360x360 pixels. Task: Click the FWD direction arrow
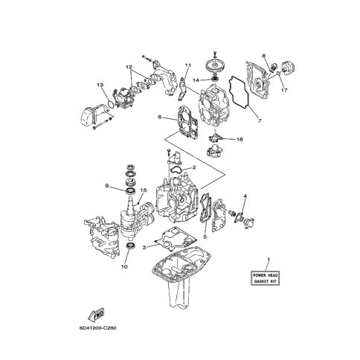click(96, 315)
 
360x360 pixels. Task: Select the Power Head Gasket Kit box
click(265, 278)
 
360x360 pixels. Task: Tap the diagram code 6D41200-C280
click(97, 328)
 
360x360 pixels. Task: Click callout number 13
click(100, 85)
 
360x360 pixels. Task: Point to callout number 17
click(284, 90)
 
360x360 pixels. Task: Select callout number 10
click(124, 266)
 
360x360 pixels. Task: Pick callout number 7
click(260, 120)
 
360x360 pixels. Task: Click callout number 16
click(240, 139)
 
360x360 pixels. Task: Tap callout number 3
click(144, 247)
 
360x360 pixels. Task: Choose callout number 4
click(245, 196)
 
